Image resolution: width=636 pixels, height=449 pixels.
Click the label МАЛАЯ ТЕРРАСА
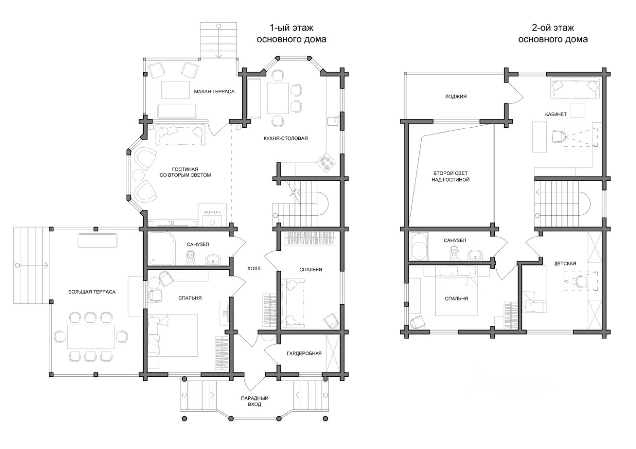point(214,92)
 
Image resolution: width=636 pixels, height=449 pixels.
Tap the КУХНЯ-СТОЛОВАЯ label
point(285,138)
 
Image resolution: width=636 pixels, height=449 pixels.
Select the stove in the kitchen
point(326,162)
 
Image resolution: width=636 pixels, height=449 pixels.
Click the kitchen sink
point(333,121)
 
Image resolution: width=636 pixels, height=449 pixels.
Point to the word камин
point(212,212)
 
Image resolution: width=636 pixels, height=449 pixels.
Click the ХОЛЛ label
point(253,269)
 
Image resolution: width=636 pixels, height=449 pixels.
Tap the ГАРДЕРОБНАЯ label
point(304,353)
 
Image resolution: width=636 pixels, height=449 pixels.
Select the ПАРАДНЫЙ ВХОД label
point(255,401)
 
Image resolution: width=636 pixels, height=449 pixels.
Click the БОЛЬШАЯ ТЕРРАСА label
point(92,292)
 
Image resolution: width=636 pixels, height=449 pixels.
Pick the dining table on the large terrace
point(91,337)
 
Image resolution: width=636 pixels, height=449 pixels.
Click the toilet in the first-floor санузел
point(191,257)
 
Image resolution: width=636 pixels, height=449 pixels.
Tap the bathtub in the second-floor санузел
point(420,246)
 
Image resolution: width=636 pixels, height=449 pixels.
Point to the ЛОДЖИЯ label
point(456,97)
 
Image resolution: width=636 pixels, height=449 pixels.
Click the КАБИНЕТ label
point(556,114)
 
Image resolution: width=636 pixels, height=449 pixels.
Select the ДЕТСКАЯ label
point(565,264)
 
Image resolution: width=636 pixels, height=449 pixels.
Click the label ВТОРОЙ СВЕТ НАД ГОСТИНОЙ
point(450,176)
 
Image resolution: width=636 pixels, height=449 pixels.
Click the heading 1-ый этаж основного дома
point(292,34)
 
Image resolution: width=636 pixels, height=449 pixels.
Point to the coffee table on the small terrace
point(175,90)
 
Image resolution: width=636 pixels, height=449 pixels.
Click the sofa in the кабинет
point(575,88)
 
